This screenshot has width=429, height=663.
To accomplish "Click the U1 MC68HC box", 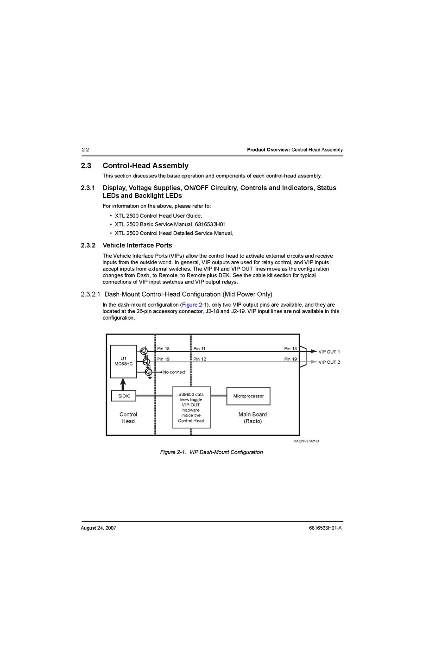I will tap(123, 361).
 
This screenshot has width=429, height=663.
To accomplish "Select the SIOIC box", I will tap(124, 396).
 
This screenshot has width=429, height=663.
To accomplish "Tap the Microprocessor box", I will tap(248, 396).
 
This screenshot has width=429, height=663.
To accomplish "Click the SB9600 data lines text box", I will tap(191, 407).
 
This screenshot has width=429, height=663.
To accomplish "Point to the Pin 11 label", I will tap(200, 348).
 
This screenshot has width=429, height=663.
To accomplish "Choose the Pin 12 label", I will tap(200, 359).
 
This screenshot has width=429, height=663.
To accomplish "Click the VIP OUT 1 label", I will tap(329, 352).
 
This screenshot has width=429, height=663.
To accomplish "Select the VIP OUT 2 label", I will tap(329, 362).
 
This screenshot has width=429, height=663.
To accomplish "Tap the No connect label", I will tap(174, 372).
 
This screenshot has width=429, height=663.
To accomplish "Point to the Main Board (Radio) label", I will tap(252, 417).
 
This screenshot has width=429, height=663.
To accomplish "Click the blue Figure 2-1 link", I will tap(194, 305).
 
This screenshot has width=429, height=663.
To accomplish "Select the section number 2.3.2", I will tap(88, 246).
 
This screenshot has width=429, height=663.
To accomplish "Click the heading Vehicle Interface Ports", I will tap(137, 246).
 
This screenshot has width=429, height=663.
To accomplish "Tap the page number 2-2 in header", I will tap(85, 150).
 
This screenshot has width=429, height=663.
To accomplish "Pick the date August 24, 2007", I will tap(98, 528).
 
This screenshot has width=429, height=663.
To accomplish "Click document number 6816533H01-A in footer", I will tap(319, 528).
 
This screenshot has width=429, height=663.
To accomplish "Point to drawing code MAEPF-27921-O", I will tap(306, 441).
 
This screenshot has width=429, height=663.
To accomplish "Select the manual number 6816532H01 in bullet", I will tap(210, 224).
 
